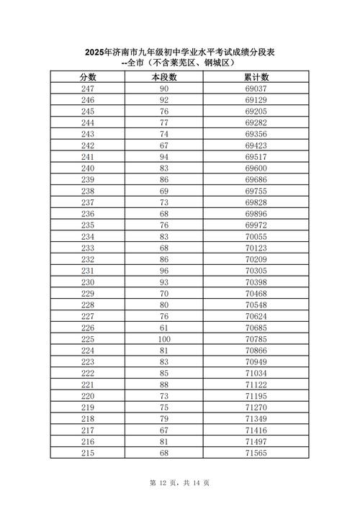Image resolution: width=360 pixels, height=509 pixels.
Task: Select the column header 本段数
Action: [163, 77]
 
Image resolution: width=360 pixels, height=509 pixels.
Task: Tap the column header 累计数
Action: [257, 77]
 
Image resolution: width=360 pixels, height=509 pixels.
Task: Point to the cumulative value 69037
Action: [257, 88]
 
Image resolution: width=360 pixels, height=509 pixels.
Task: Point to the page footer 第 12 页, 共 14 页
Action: [179, 482]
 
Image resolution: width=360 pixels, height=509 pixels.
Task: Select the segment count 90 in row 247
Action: [163, 88]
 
